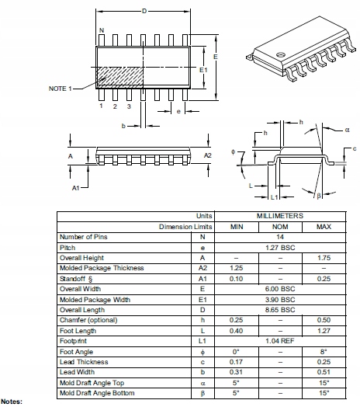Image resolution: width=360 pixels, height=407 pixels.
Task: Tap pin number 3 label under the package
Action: [x=129, y=106]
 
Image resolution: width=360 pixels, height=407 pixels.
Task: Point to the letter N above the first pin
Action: [x=102, y=31]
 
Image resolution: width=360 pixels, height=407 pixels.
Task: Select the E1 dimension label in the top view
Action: [x=204, y=70]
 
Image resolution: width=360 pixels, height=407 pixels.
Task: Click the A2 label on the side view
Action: [x=207, y=155]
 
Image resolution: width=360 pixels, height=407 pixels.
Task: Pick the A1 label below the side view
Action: [x=76, y=189]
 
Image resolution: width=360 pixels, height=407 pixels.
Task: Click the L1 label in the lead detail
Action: [x=274, y=197]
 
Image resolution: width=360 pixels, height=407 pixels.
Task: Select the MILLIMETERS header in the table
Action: [x=280, y=215]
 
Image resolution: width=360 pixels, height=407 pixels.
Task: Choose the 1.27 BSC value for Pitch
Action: [x=280, y=247]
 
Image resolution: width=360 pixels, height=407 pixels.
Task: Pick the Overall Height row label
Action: [x=83, y=257]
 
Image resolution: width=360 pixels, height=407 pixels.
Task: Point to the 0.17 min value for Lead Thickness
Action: [x=237, y=362]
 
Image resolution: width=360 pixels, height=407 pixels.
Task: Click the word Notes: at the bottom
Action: [x=12, y=402]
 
